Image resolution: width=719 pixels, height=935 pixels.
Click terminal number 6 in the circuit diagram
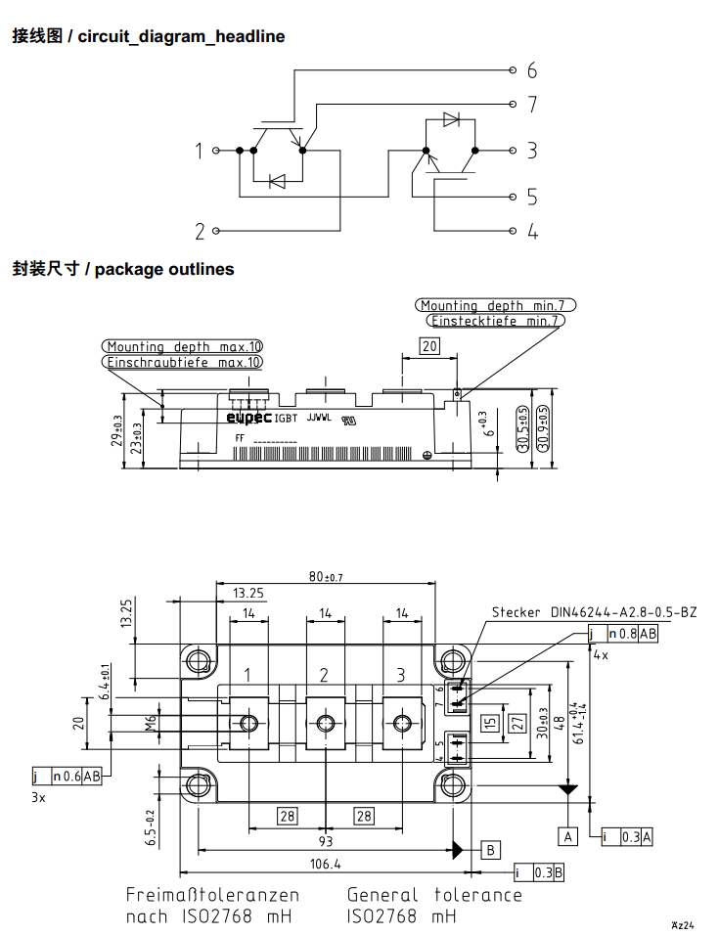[x=531, y=70]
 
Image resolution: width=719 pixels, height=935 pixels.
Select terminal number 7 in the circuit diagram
[x=531, y=104]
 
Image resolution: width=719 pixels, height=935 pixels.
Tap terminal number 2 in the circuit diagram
[x=200, y=232]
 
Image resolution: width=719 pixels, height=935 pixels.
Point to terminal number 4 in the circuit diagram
[x=532, y=232]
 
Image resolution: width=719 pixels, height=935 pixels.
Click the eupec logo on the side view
[x=248, y=418]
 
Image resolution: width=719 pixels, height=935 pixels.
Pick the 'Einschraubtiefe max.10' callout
[x=183, y=362]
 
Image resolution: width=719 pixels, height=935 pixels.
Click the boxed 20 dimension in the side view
[x=429, y=345]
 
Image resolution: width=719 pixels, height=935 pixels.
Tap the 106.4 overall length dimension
[x=325, y=865]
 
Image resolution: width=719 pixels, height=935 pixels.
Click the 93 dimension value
[x=325, y=841]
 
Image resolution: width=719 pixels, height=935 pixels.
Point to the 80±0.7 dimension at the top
[x=326, y=577]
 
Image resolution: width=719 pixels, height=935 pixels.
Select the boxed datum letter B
[x=491, y=848]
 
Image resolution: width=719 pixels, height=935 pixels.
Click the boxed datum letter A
[x=567, y=836]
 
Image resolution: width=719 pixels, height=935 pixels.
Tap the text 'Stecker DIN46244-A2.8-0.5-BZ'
[x=594, y=612]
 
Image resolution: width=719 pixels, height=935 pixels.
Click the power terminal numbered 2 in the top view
[x=324, y=675]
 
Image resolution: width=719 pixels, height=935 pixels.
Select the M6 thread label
[x=151, y=723]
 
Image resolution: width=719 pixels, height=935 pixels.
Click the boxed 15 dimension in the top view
[x=490, y=724]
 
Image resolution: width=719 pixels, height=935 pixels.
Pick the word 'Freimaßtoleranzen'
[x=212, y=895]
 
